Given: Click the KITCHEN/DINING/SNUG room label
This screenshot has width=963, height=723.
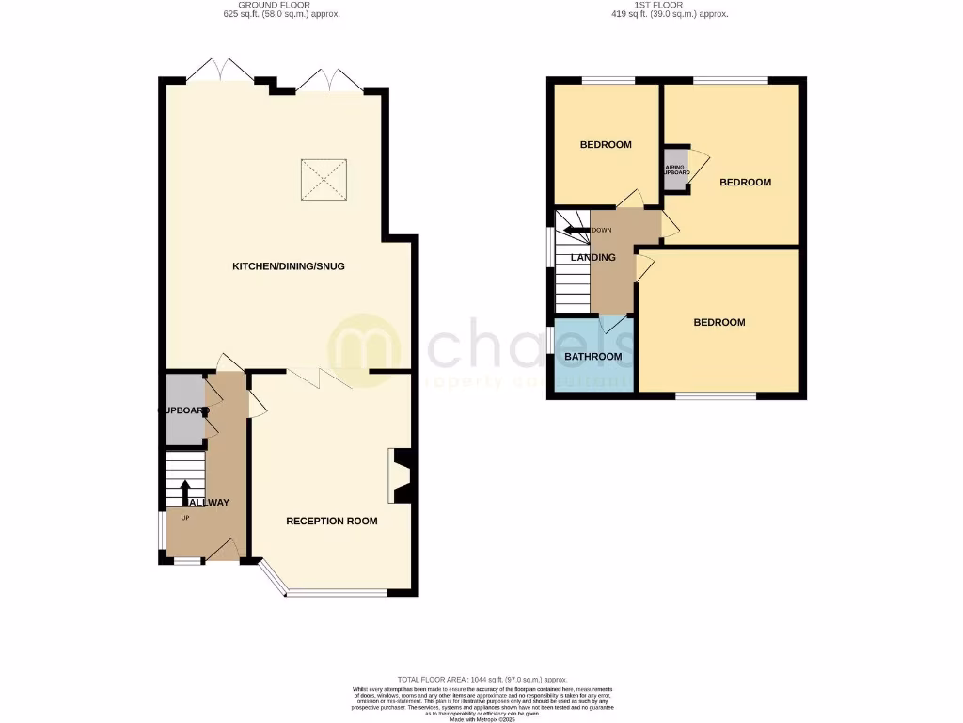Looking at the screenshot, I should [x=289, y=266].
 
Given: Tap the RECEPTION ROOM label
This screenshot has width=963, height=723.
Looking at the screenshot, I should [x=332, y=521].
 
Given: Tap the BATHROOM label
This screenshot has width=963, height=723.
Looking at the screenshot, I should [x=592, y=357].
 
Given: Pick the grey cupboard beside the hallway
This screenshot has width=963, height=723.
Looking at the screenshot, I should [x=184, y=410].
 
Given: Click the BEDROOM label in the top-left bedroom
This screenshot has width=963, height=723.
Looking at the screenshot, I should [x=605, y=145].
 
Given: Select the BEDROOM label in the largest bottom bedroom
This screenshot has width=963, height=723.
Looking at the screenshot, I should [x=718, y=322].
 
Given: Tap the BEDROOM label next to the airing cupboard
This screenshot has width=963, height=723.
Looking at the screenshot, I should [x=745, y=183].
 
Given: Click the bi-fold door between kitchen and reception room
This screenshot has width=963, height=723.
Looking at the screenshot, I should [x=320, y=378].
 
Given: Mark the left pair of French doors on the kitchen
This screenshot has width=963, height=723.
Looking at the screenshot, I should [x=219, y=72].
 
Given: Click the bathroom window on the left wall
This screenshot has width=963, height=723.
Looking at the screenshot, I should [x=550, y=345].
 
